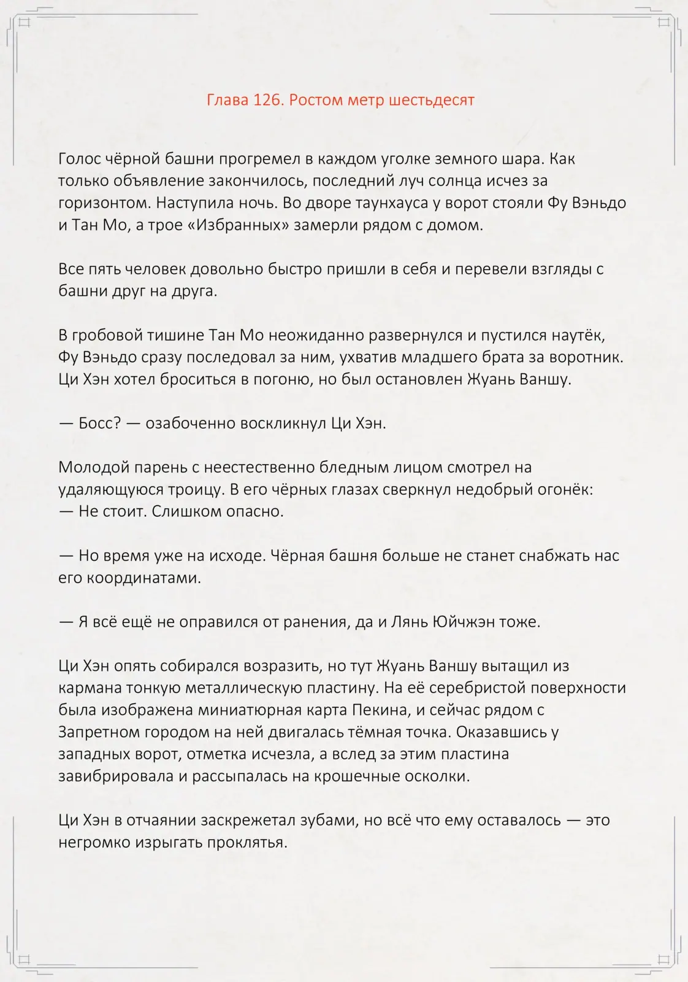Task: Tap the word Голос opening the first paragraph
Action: [x=80, y=159]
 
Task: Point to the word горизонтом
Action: [x=103, y=203]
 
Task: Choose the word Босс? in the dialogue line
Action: [x=99, y=423]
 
